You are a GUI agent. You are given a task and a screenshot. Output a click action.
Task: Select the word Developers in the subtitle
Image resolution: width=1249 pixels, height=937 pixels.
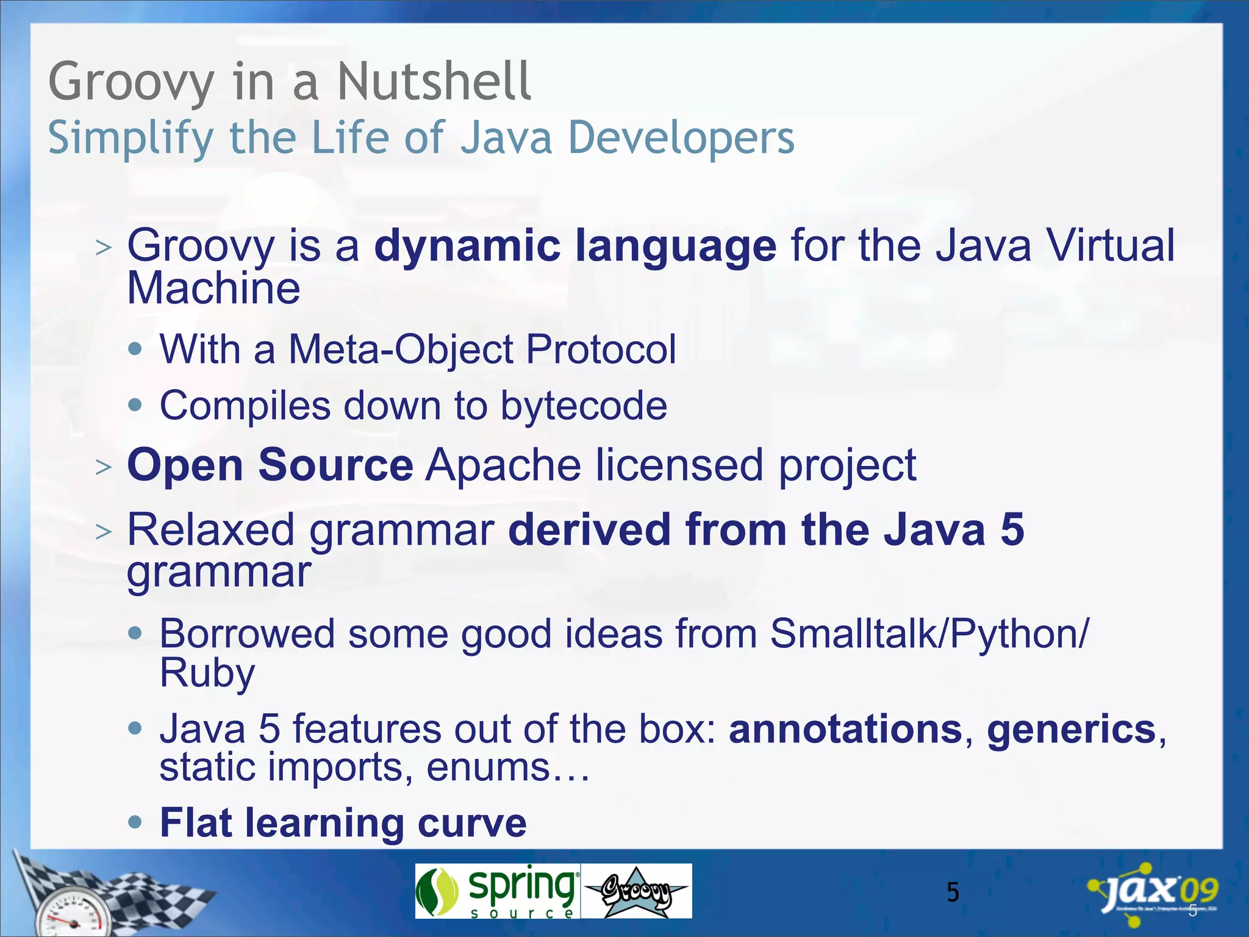coord(681,138)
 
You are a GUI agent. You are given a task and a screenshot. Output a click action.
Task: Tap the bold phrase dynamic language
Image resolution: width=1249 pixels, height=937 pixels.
coord(575,246)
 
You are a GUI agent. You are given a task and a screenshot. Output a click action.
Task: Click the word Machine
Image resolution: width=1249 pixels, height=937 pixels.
coord(213,288)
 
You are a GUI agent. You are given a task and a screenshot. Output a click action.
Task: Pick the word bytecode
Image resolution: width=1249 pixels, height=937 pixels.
coord(584,406)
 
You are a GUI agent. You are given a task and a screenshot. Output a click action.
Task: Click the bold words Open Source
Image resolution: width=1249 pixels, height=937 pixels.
coord(270,465)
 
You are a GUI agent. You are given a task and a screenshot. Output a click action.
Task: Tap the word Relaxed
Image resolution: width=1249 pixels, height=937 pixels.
coord(210,530)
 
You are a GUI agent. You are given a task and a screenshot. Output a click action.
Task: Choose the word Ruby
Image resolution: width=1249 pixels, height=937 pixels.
coord(207,673)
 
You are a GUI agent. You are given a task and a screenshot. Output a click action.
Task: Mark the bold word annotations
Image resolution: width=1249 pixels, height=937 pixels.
coord(845,729)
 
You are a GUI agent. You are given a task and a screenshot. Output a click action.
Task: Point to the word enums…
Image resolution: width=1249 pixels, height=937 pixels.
coord(508,767)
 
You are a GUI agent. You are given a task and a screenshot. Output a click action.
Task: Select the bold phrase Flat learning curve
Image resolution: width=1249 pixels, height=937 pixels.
coord(343,823)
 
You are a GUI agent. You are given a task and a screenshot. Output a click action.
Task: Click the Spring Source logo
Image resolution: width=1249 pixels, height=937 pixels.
coord(497,891)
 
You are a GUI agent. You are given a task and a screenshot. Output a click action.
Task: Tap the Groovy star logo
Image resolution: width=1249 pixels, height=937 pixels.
coord(636,891)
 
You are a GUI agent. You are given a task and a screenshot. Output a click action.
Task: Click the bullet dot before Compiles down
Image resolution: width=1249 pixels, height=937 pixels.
coord(135,405)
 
